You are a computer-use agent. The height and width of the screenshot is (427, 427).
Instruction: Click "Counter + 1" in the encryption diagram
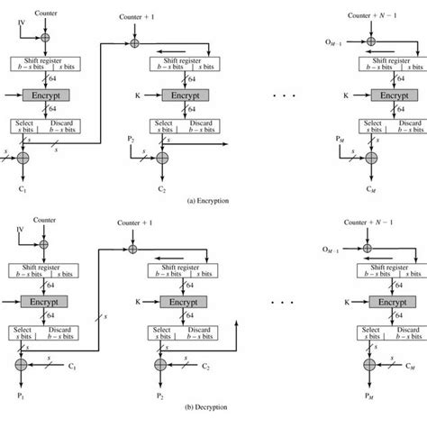[x=136, y=16]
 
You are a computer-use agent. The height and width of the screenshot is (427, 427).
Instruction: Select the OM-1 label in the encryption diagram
[x=334, y=41]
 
